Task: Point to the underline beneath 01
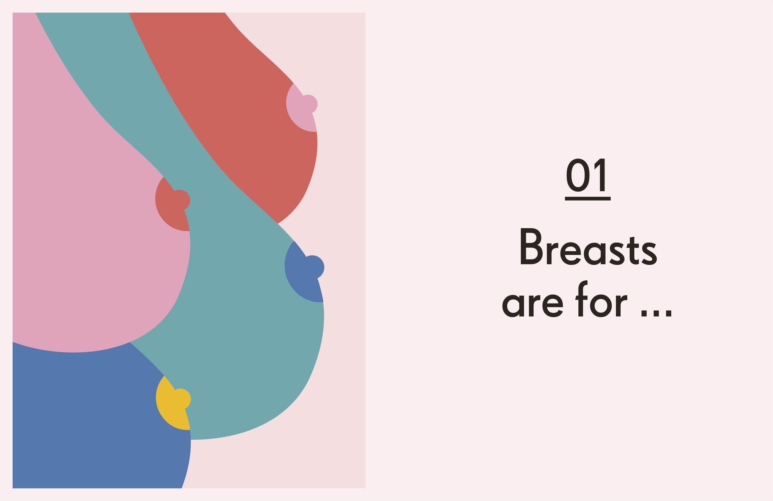(x=588, y=199)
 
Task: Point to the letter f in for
(x=582, y=299)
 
